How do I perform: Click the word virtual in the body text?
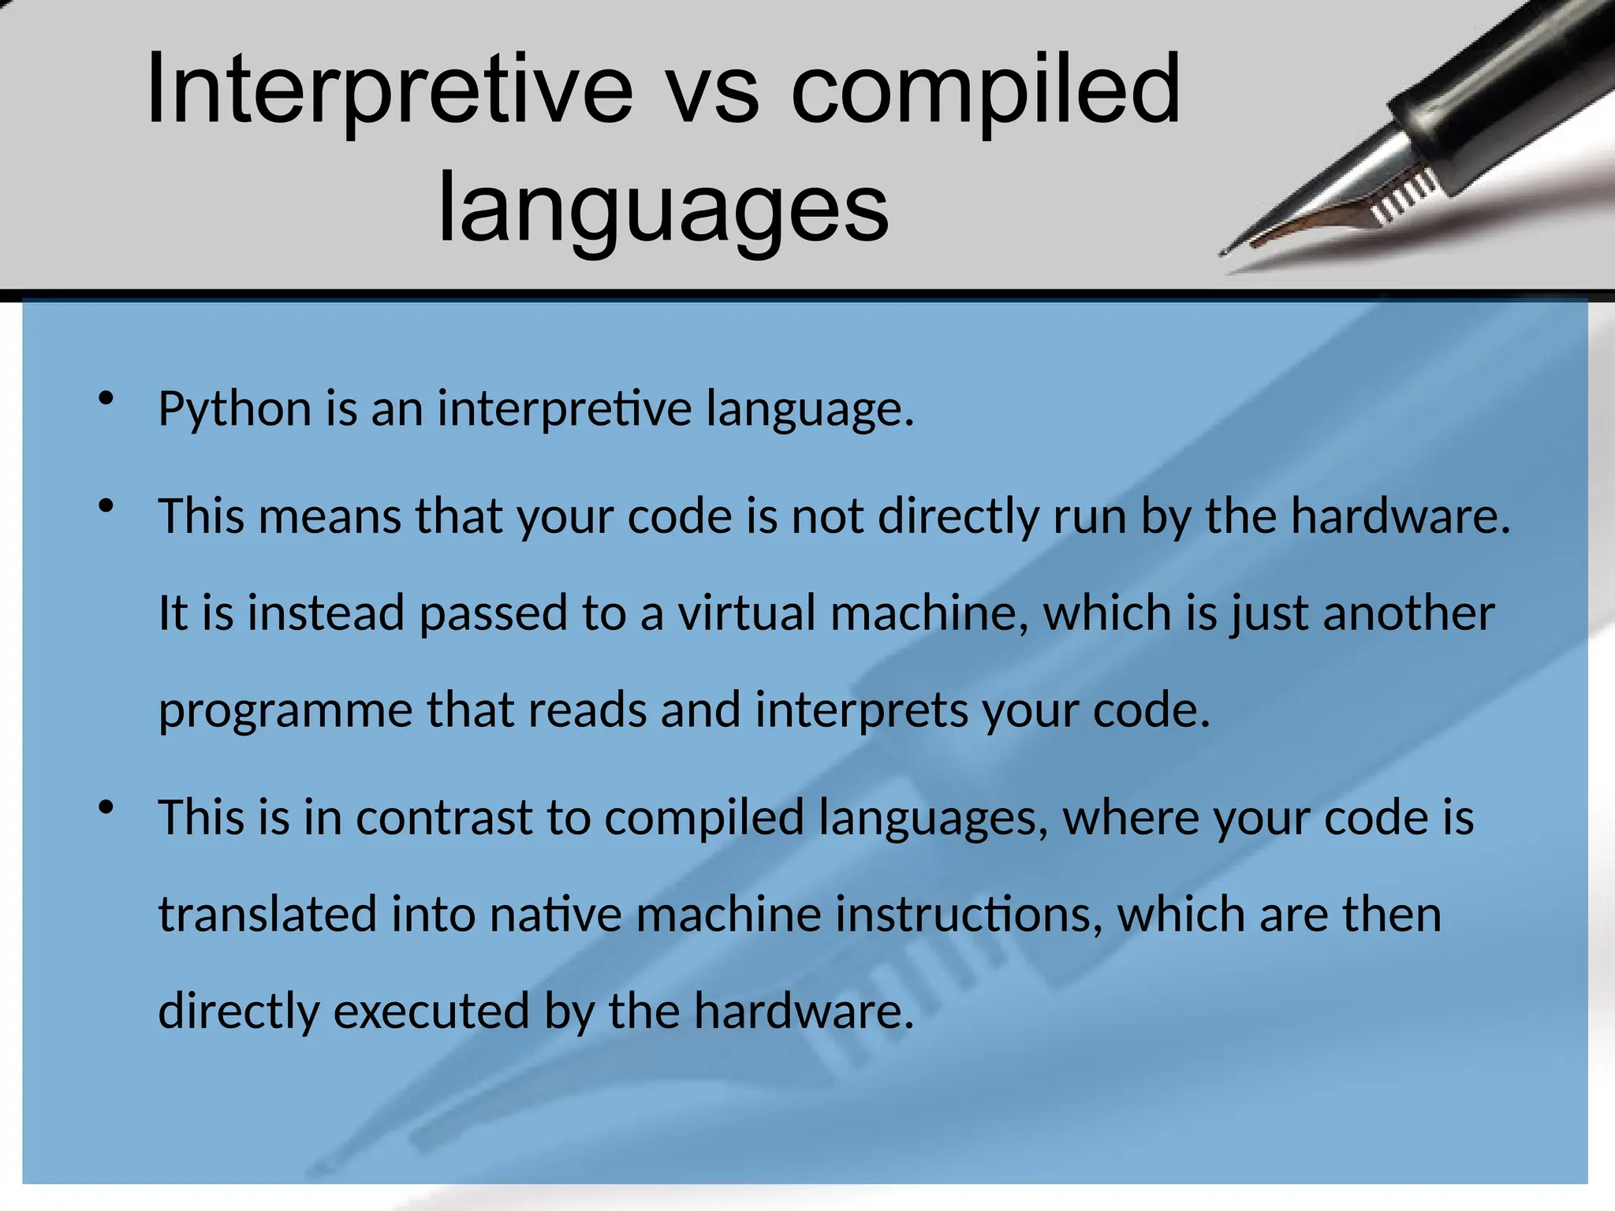[x=746, y=613]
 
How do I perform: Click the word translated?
[x=267, y=915]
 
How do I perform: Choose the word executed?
[x=431, y=1012]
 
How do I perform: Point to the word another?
[x=1408, y=613]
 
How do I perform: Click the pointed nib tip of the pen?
[x=1225, y=252]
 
